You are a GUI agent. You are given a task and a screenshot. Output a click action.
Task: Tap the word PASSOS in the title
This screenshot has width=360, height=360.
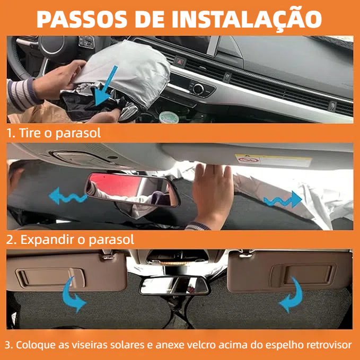[x=82, y=19]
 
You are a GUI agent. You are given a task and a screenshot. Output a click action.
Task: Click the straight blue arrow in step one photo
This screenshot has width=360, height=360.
[x=106, y=86]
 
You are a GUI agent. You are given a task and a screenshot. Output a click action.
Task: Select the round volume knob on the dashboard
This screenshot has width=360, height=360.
[x=198, y=89]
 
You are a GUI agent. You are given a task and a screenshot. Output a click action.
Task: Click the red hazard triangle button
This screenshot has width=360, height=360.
[x=179, y=62]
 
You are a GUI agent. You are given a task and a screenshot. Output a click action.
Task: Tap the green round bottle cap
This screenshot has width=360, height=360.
[x=168, y=117]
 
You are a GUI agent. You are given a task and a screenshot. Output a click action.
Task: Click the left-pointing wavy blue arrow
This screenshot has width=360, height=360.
[x=67, y=196]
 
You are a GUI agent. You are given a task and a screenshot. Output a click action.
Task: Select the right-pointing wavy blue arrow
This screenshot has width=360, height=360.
[x=283, y=199]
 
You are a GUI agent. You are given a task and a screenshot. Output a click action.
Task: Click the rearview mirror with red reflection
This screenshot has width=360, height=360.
[x=133, y=190]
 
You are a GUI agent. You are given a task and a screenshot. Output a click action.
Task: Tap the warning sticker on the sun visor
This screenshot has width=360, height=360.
[x=273, y=160]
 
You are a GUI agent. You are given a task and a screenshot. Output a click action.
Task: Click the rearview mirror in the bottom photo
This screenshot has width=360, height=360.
[x=174, y=285]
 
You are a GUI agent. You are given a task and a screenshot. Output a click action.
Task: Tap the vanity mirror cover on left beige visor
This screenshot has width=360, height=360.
[x=50, y=278]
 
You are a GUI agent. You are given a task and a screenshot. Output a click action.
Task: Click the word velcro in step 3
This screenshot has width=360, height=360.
[x=197, y=345]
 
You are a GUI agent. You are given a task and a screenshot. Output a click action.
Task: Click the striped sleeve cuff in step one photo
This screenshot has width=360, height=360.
[x=21, y=94]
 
